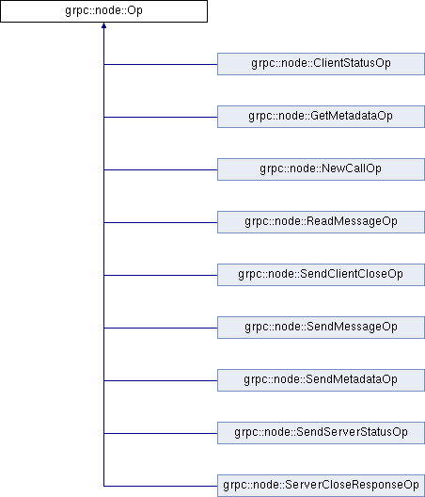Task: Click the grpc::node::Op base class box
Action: coord(103,11)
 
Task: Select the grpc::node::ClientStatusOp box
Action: coord(321,64)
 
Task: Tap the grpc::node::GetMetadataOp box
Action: coord(321,117)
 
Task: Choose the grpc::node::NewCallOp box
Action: coord(321,169)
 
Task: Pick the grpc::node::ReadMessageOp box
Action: coord(321,222)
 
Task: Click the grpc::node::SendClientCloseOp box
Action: coord(321,275)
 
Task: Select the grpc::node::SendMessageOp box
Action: coord(321,328)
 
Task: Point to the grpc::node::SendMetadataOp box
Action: coord(321,380)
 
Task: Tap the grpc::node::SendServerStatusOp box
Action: coord(321,433)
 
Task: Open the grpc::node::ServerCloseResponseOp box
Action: coord(321,486)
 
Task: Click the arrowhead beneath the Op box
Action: coord(103,25)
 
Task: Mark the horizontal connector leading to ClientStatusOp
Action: coord(161,64)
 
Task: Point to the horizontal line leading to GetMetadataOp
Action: coord(161,117)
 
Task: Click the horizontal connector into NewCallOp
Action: coord(161,169)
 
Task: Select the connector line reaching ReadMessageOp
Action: coord(161,222)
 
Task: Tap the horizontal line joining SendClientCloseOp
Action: coord(161,275)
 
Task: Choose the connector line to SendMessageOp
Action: coord(161,328)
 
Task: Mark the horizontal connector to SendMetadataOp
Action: coord(161,380)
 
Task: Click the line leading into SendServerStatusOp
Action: coord(161,433)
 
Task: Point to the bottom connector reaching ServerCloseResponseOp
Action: coord(161,486)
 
